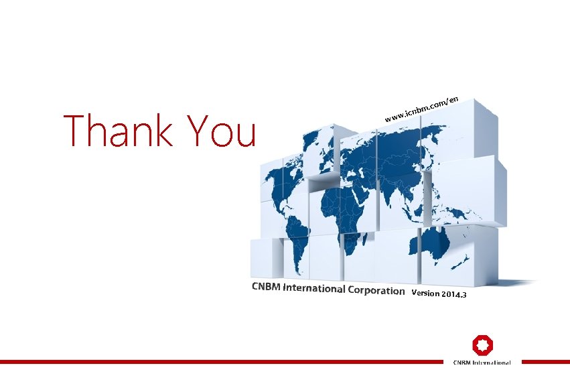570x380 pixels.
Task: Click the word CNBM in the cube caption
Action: [266, 287]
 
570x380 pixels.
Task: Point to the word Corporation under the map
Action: [376, 291]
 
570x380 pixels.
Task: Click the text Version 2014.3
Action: [439, 294]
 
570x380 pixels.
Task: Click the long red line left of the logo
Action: [221, 361]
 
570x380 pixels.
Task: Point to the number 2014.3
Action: [454, 296]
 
